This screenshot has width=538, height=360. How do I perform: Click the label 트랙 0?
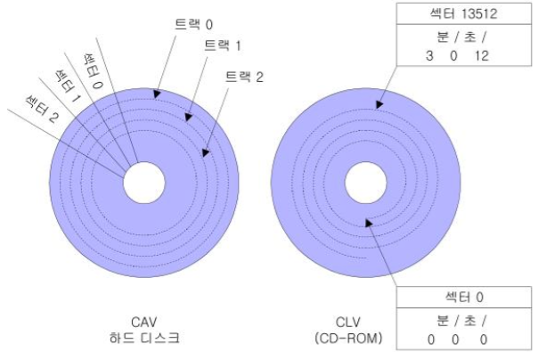coord(193,24)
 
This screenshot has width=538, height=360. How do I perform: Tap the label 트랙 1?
coord(223,45)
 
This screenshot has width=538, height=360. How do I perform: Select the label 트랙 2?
coord(244,77)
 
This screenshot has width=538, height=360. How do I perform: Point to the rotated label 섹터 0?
coord(93,71)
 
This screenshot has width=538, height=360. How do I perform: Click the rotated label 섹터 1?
coord(68,86)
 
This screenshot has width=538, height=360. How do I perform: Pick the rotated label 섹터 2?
coord(42,109)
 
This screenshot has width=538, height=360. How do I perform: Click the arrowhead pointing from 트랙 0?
coord(157,94)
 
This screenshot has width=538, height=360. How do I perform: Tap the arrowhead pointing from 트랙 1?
coord(188,117)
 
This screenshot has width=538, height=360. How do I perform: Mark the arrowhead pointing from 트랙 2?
coord(205,152)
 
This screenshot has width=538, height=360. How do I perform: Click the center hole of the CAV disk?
coord(144,183)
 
